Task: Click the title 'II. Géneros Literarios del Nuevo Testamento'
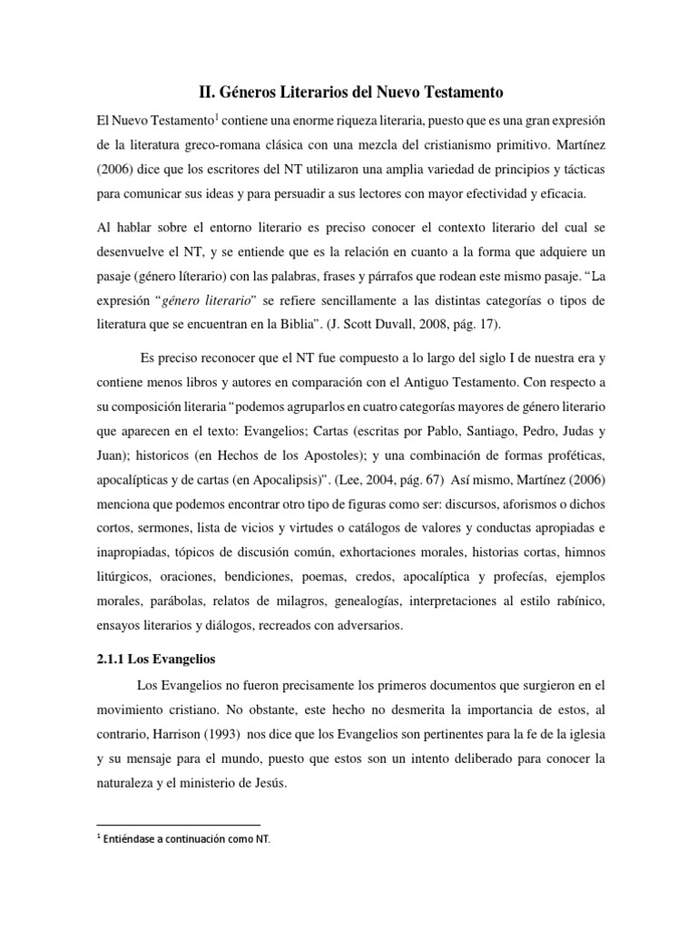pyautogui.click(x=350, y=92)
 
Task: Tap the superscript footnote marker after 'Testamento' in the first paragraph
pyautogui.click(x=216, y=116)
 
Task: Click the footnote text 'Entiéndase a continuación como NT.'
pyautogui.click(x=185, y=839)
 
